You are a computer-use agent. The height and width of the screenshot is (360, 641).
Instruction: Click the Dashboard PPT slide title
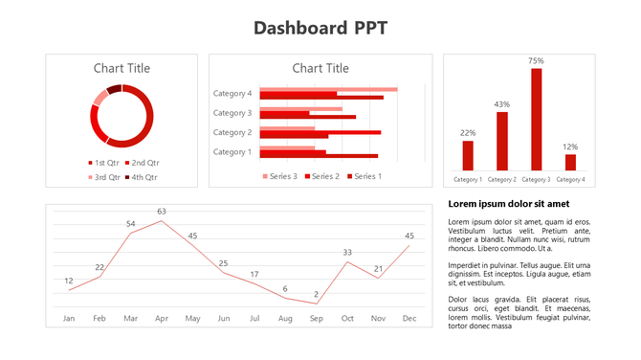pos(320,27)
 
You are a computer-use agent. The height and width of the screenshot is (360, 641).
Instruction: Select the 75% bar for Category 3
pos(536,119)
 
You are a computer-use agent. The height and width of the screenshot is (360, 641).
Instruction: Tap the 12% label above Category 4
pos(570,146)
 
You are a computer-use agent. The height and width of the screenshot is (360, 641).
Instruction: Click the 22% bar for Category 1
pos(468,155)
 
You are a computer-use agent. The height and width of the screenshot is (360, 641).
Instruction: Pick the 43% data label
pos(502,104)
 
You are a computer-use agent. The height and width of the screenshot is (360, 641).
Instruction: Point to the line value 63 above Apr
pos(162,212)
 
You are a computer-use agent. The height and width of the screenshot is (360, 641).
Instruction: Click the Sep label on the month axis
pos(316,318)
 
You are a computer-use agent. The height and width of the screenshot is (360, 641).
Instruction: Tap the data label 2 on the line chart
pos(316,295)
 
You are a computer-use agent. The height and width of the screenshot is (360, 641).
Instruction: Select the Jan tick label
pos(68,318)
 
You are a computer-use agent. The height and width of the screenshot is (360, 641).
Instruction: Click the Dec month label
pos(409,318)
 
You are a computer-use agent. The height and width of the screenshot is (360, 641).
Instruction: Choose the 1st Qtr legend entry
pos(105,163)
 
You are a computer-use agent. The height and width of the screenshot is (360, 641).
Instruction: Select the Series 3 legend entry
pos(280,176)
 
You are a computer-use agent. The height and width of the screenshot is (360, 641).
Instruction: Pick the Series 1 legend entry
pos(365,176)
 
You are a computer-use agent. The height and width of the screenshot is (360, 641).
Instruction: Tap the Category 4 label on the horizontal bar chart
pos(232,94)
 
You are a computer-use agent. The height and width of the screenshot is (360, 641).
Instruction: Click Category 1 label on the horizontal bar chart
pos(232,151)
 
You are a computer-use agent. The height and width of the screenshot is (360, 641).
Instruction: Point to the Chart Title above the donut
pos(122,68)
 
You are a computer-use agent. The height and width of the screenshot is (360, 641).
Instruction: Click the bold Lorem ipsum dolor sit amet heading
pos(509,204)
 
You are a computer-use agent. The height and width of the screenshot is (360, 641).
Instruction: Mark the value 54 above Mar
pos(131,224)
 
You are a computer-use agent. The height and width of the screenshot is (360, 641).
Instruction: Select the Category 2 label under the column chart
pos(502,179)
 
